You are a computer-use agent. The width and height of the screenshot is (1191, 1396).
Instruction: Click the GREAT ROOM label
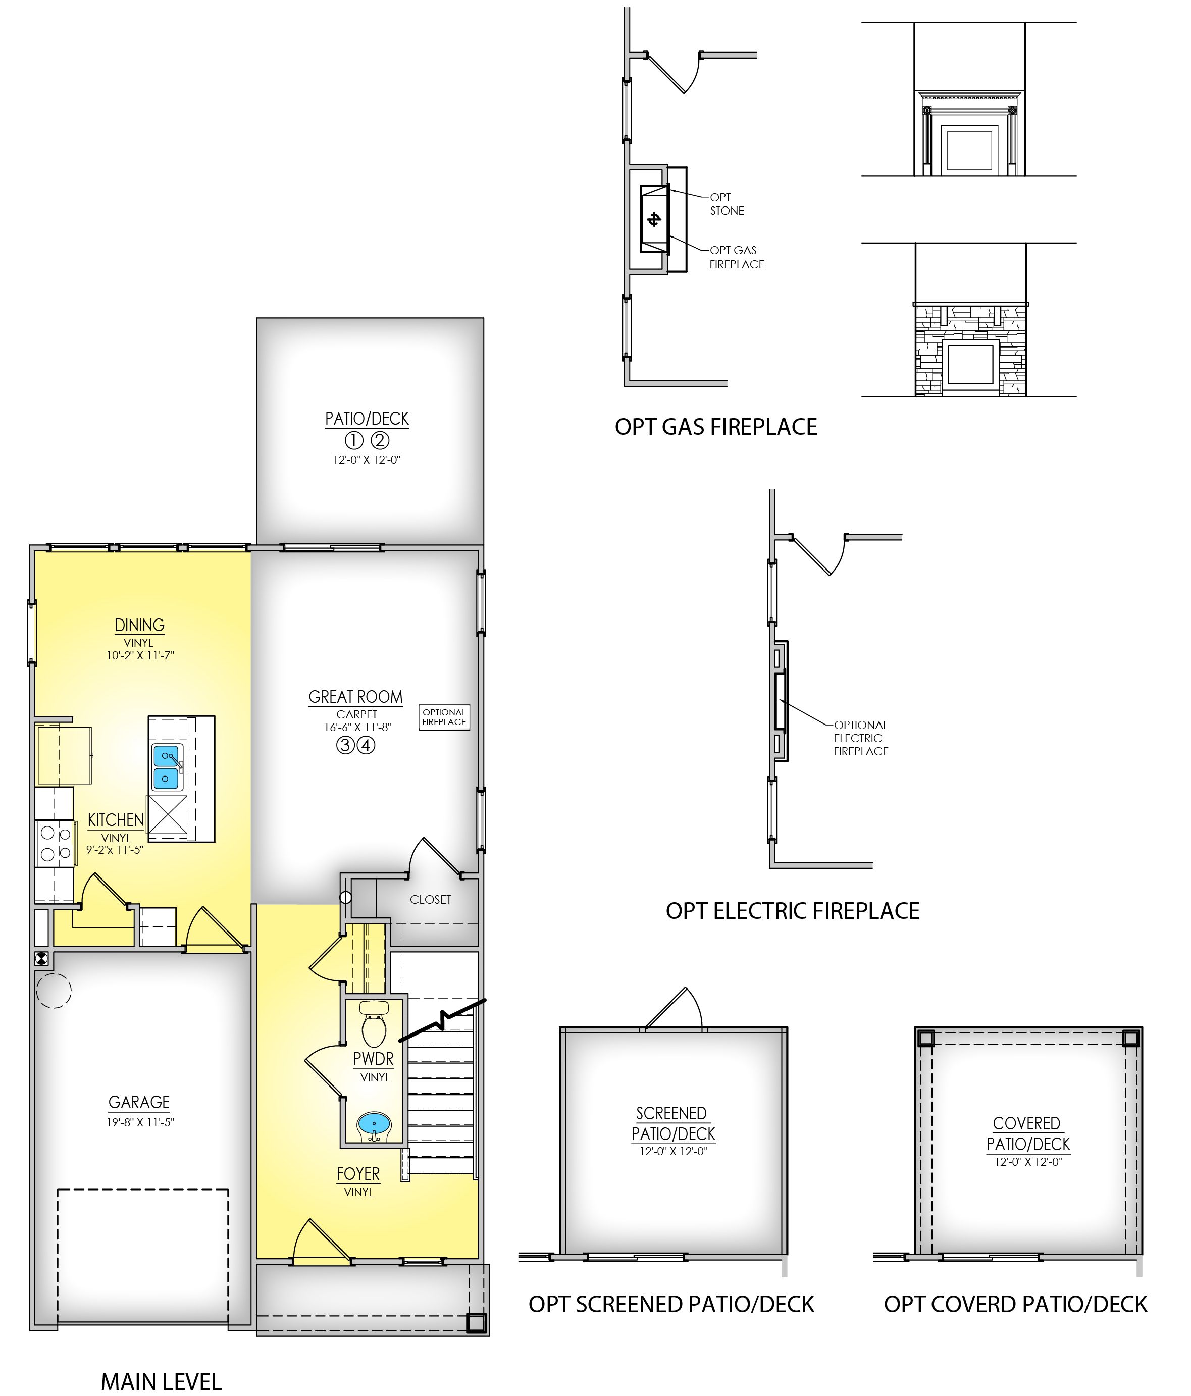pos(355,697)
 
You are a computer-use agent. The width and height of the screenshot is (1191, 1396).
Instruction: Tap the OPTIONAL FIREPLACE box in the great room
pos(444,717)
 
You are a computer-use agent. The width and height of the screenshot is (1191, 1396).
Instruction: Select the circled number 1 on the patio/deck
pos(353,441)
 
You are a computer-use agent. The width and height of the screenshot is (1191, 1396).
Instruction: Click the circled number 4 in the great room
pos(366,746)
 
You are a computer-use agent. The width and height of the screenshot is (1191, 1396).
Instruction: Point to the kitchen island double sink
pos(166,767)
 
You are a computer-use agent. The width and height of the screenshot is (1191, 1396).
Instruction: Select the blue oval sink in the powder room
pos(374,1123)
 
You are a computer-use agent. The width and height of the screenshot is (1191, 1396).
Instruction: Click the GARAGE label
pos(139,1102)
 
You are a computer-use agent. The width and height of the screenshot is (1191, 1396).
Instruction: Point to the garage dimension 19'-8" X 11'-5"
pos(140,1122)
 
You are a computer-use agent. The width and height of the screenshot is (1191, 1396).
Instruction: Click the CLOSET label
pos(431,900)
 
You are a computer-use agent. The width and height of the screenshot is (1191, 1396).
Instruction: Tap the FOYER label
pos(358,1174)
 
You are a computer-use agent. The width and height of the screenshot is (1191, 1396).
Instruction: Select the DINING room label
pos(139,625)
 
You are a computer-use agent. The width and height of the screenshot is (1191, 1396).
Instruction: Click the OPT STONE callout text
pos(727,204)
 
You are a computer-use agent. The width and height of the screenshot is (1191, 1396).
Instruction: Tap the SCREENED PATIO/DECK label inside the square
pos(673,1124)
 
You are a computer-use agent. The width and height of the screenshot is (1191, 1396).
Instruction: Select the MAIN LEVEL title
pos(161,1381)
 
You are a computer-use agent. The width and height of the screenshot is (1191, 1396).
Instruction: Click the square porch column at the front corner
pos(476,1323)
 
